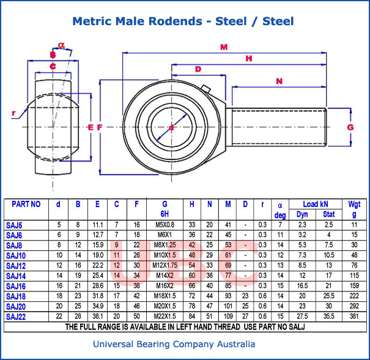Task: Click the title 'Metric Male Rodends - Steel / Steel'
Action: point(183,21)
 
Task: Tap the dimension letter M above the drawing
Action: point(224,47)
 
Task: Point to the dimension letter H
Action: point(248,58)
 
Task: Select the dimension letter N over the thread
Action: point(279,81)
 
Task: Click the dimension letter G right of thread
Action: point(350,127)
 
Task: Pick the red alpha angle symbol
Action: point(61,45)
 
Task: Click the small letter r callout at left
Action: point(13,113)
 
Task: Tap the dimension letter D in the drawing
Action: point(198,69)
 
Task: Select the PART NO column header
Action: point(26,204)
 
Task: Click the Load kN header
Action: point(315,203)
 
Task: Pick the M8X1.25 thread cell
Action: point(165,245)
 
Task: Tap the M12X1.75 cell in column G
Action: point(165,265)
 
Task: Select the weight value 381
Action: point(354,316)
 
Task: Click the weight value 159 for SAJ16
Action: point(354,285)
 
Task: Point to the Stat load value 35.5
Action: point(328,316)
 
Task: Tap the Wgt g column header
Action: point(354,208)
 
